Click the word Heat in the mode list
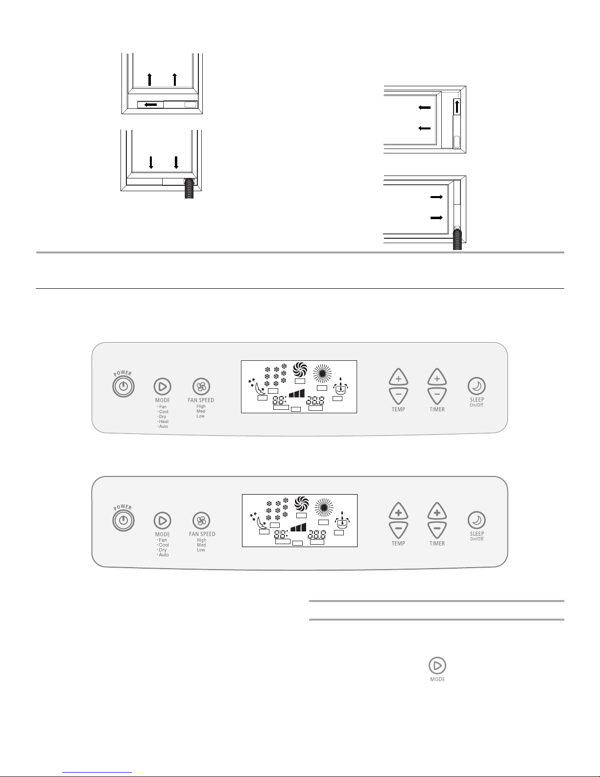pos(164,422)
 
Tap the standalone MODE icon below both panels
pos(437,665)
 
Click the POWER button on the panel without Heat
pos(123,520)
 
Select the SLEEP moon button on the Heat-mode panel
pos(477,386)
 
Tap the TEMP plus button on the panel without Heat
pos(398,513)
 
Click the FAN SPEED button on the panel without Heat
pos(201,520)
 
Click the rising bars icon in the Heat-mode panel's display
pos(296,393)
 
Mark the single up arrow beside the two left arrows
pos(457,106)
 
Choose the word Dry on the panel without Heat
pos(163,550)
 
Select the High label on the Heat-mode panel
pos(201,406)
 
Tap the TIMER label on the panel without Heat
pos(437,543)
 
